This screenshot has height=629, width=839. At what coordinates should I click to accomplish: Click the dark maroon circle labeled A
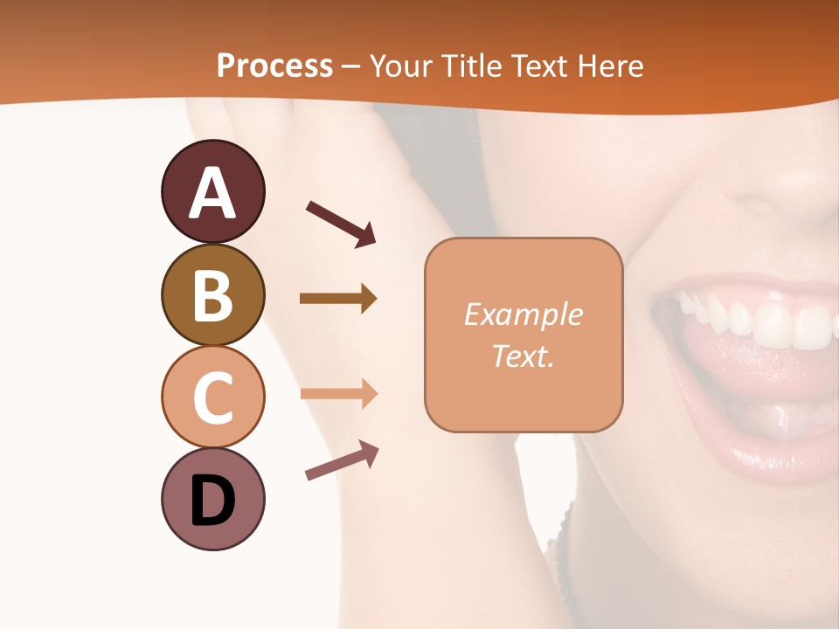(x=212, y=191)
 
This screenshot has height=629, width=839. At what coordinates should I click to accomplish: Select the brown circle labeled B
(x=212, y=294)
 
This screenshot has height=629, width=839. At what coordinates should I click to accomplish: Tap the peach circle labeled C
(x=212, y=397)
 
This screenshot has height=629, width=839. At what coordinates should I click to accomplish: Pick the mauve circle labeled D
(x=212, y=499)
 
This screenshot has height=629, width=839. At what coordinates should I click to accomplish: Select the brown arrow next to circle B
(x=338, y=299)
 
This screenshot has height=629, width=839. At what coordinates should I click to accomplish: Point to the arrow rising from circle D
(x=342, y=460)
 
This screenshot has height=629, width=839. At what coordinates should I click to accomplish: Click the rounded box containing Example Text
(x=524, y=335)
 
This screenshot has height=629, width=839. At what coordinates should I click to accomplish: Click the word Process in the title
(x=274, y=66)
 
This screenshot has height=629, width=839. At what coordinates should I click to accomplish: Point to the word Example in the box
(x=523, y=314)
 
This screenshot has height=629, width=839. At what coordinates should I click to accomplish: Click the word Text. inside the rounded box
(x=523, y=356)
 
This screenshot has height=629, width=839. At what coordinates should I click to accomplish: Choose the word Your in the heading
(x=399, y=66)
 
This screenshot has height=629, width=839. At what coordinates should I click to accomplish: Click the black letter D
(x=212, y=501)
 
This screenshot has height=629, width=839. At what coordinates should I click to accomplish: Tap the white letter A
(x=212, y=193)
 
